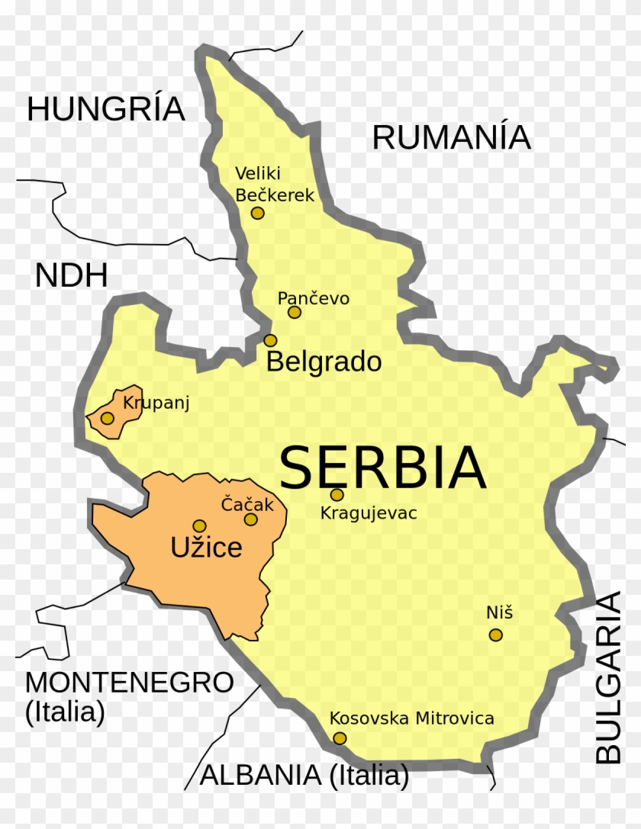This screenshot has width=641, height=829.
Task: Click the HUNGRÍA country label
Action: (106, 109)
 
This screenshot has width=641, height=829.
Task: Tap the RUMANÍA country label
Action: (451, 137)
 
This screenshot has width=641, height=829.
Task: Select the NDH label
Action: (72, 276)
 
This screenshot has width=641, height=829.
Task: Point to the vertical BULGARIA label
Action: (609, 677)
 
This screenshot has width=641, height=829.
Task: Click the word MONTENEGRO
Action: (129, 683)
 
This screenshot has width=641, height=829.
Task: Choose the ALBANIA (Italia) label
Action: (304, 776)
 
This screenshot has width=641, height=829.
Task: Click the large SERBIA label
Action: (382, 468)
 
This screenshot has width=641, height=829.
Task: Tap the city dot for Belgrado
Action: (270, 340)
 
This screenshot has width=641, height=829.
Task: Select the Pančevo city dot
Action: (295, 312)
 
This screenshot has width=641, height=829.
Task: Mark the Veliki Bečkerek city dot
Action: (258, 213)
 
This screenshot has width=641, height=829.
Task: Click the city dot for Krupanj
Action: (108, 418)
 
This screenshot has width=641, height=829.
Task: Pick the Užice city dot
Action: (199, 525)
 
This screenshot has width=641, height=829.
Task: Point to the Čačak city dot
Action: (250, 519)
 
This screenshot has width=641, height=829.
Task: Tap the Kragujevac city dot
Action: (337, 494)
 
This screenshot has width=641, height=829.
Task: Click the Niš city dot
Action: (496, 635)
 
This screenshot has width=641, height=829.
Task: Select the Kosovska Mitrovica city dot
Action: (340, 738)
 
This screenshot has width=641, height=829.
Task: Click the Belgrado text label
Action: (324, 361)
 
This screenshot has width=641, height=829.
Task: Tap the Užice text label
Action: (206, 547)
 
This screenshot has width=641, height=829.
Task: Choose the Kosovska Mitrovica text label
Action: (411, 718)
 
